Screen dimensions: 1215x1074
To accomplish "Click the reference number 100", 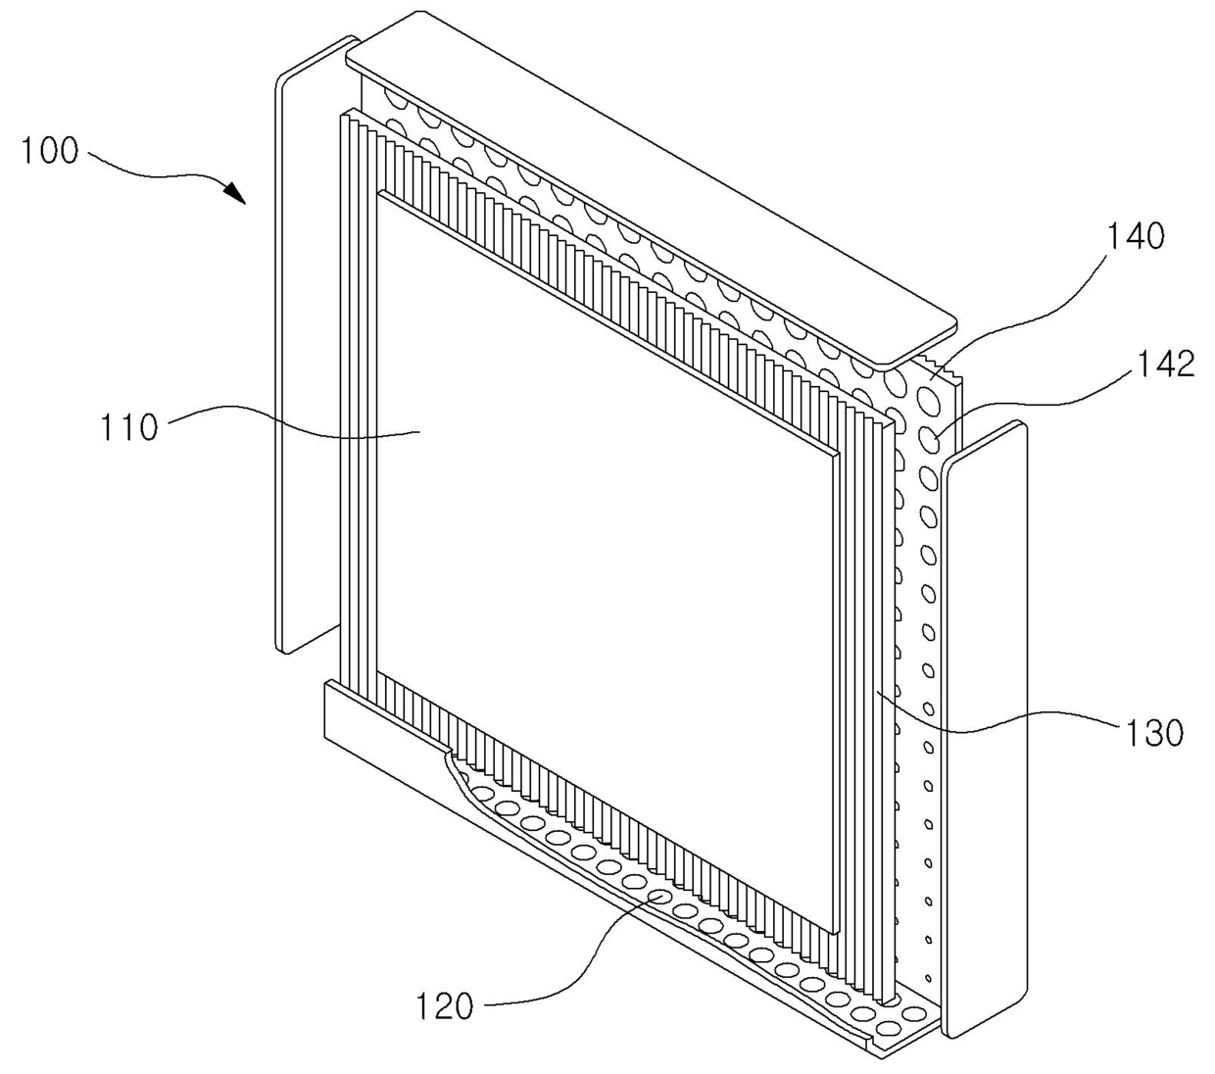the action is point(50,151).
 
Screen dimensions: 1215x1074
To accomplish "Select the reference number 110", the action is point(129,427).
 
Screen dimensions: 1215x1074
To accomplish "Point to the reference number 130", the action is point(1154,732).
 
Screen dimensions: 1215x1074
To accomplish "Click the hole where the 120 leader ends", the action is point(658,898).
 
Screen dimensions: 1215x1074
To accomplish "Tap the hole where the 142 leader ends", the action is point(931,439).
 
